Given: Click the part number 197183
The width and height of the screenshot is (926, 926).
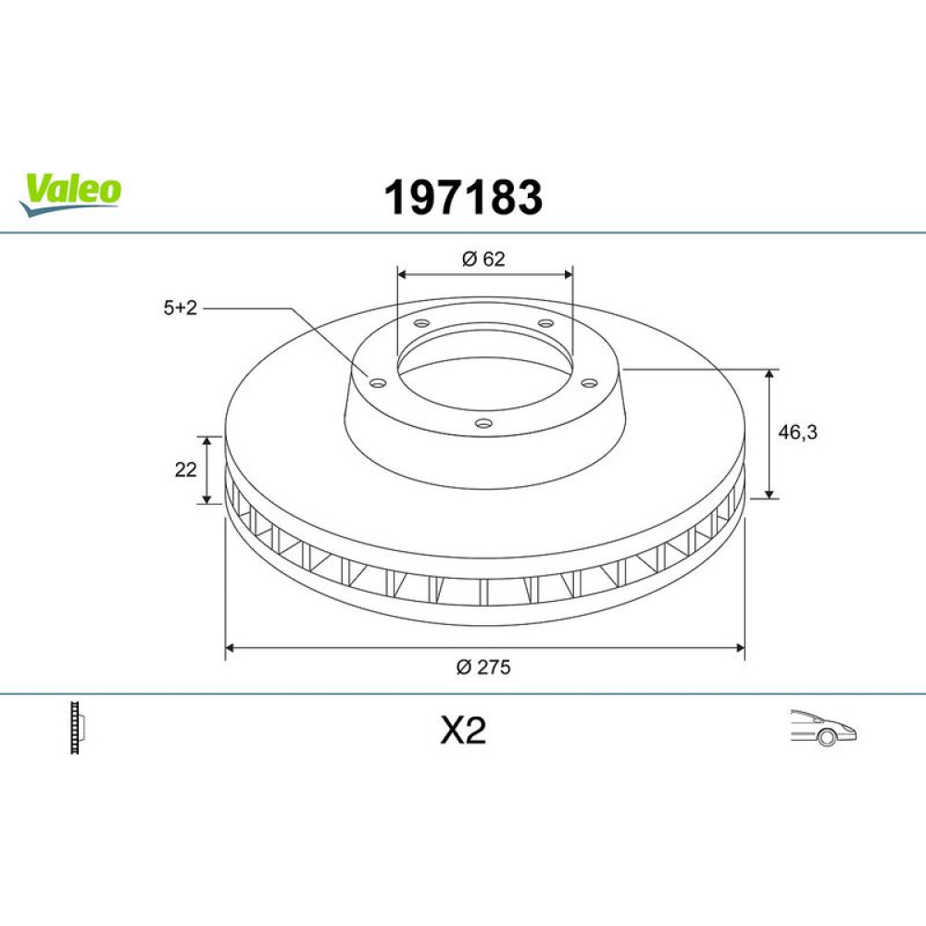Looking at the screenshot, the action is click(x=463, y=197).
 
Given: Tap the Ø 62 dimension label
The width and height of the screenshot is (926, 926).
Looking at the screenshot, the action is click(x=483, y=259).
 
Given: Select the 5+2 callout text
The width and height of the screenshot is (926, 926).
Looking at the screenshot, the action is click(x=181, y=307).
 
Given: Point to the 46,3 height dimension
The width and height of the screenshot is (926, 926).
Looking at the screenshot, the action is click(x=797, y=432).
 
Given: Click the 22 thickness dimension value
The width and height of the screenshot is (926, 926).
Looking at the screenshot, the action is click(x=185, y=469).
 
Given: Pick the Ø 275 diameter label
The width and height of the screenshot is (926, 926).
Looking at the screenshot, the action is click(x=483, y=668).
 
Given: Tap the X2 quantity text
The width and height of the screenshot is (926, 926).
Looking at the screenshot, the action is click(x=463, y=731).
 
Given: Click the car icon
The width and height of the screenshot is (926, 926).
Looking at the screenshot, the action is click(x=823, y=728).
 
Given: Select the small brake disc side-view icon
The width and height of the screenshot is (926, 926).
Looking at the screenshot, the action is click(x=77, y=728).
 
